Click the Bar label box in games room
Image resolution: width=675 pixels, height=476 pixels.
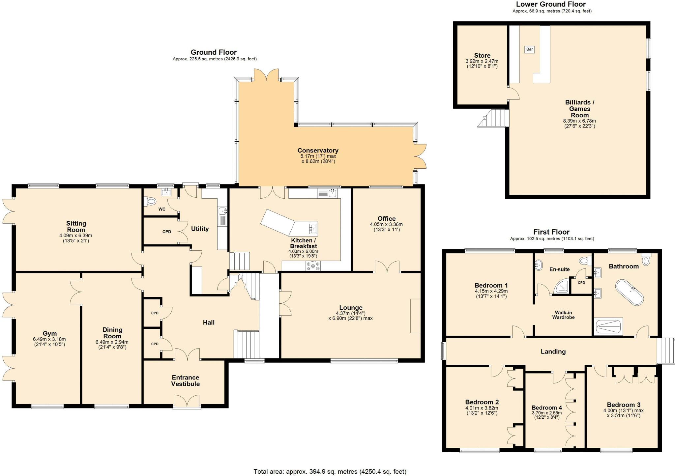click(529, 49)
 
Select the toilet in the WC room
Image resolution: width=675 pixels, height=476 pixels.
click(151, 201)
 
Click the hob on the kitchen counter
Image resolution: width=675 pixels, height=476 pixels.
click(313, 266)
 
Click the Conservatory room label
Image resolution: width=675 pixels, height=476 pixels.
click(318, 151)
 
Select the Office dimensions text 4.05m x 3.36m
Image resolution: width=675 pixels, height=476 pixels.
click(386, 224)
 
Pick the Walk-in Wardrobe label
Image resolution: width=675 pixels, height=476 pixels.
click(563, 315)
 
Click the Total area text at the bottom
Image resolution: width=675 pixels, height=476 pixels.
click(330, 471)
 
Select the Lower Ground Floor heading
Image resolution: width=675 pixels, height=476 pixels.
click(550, 4)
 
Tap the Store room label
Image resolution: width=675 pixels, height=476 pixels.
click(482, 55)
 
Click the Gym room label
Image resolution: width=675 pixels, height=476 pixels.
click(49, 333)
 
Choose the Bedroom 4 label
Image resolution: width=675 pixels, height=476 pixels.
click(546, 407)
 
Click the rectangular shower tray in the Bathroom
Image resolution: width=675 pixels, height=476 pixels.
click(609, 326)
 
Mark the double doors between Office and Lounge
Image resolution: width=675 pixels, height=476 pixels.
click(387, 267)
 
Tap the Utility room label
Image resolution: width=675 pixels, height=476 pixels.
click(200, 229)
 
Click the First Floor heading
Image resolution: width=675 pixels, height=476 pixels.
click(551, 232)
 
